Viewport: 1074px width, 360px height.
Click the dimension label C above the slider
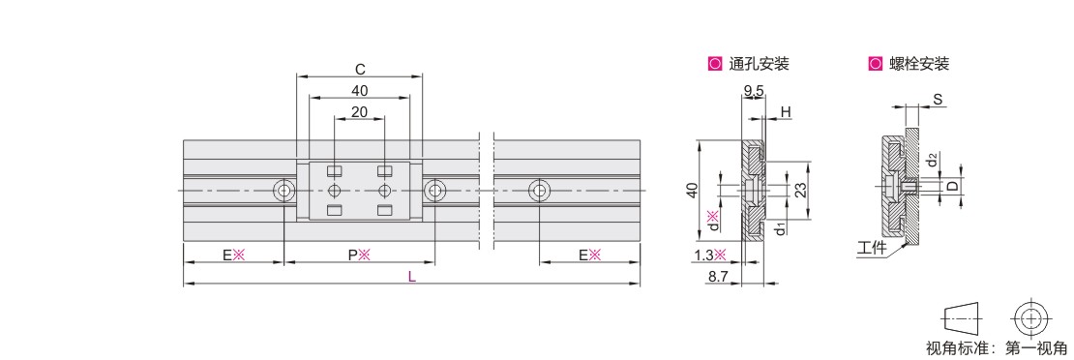360,69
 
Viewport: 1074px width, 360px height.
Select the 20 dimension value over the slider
360,111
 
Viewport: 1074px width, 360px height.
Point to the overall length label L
411,277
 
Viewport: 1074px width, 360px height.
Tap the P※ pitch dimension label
359,255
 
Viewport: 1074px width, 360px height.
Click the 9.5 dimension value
754,91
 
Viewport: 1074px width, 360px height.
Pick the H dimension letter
786,111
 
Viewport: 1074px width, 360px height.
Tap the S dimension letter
938,100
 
